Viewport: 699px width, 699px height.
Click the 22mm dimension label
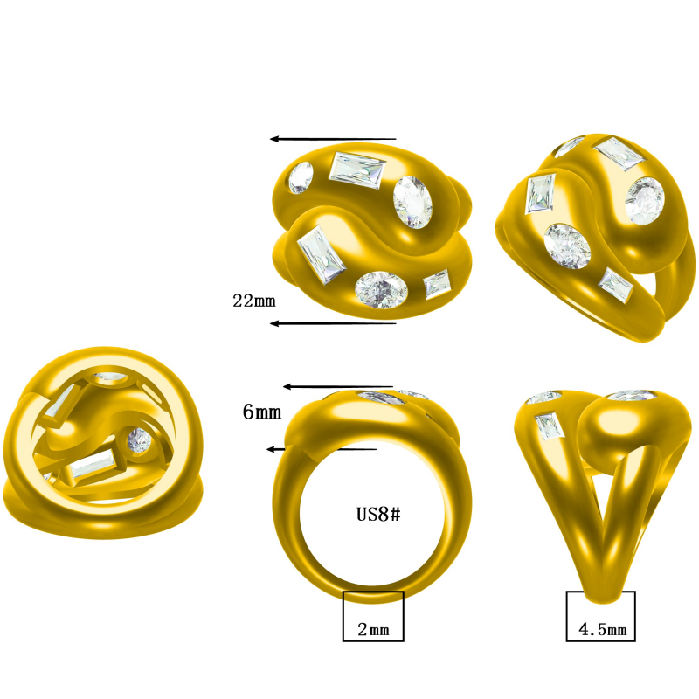[x=253, y=301]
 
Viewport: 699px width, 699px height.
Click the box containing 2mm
[x=373, y=617]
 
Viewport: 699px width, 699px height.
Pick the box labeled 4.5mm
[x=600, y=616]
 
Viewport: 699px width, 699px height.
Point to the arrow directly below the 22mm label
[x=332, y=323]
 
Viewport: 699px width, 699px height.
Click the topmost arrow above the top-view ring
[x=332, y=138]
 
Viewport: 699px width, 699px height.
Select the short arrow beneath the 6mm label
[x=321, y=449]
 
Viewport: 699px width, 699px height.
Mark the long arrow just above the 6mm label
[x=337, y=386]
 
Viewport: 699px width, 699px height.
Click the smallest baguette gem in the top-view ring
[x=437, y=284]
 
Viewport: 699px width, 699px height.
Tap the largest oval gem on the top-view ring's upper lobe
[x=412, y=201]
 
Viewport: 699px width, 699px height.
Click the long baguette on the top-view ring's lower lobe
[x=320, y=255]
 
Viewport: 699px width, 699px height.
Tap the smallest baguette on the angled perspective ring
[x=616, y=286]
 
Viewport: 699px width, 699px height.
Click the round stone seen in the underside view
[x=138, y=440]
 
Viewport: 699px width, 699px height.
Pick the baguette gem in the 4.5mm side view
[x=549, y=425]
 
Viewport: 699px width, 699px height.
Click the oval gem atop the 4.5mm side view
[x=633, y=396]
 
